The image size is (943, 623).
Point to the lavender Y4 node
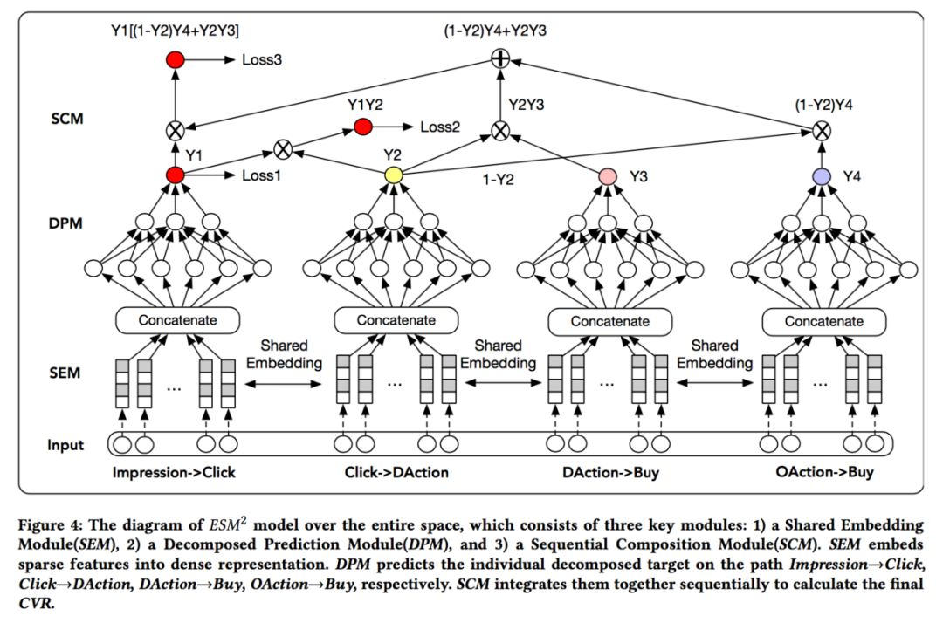821,175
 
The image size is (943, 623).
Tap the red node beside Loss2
362,127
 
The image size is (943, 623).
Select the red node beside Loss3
175,61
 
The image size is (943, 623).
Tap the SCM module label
67,117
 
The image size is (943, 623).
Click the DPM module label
67,224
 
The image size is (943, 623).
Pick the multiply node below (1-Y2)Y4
820,131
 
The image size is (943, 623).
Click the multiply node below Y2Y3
499,131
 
